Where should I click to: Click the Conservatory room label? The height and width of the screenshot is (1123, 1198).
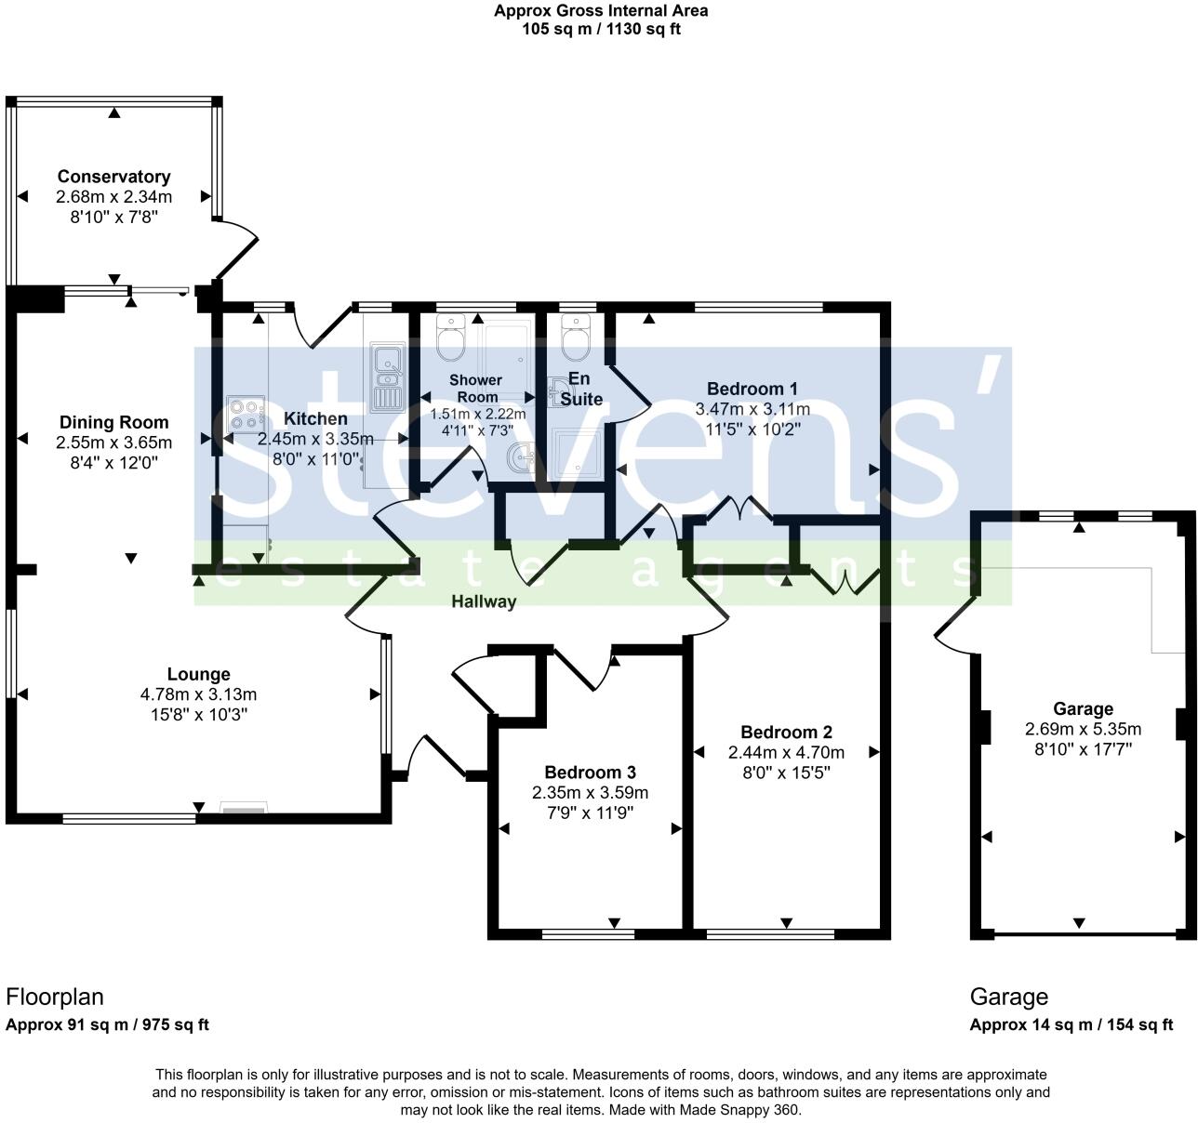[113, 177]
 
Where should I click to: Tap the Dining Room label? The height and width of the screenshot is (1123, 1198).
[114, 422]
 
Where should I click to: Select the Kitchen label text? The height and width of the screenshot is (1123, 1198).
[315, 419]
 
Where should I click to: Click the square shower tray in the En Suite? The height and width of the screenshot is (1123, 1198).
[578, 452]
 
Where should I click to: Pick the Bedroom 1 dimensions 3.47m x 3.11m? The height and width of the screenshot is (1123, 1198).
[752, 409]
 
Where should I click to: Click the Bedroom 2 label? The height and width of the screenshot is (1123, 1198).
[786, 733]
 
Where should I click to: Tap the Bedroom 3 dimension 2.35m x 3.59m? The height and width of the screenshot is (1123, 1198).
[590, 793]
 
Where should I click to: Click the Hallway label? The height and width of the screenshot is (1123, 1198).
[484, 601]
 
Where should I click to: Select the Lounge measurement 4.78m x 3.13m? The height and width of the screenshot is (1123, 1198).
[198, 694]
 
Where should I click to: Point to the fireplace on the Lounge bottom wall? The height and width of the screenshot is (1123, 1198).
[244, 809]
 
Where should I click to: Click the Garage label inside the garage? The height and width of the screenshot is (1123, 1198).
[1083, 708]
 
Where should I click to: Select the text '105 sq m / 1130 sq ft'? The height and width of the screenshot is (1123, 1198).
[600, 28]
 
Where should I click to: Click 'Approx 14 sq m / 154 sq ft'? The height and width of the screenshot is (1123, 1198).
[1071, 1025]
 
